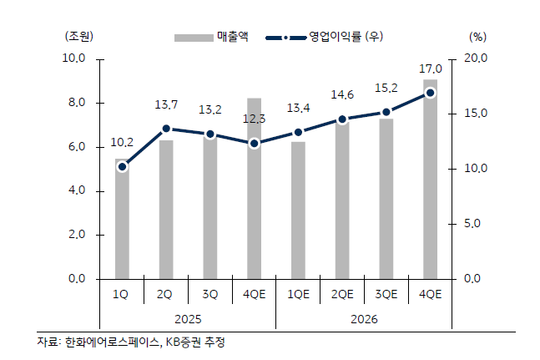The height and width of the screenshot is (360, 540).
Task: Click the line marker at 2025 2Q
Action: click(x=166, y=129)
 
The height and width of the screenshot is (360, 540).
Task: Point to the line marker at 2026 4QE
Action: click(x=430, y=93)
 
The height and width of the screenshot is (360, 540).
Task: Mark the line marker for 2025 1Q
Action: click(x=122, y=167)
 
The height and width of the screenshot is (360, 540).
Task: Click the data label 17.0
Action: click(x=430, y=69)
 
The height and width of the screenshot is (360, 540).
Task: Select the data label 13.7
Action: click(x=166, y=105)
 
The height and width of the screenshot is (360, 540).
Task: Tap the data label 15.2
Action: click(x=386, y=88)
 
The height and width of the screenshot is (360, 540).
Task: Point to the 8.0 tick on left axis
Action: click(x=74, y=103)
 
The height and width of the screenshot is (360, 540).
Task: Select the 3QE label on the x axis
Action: click(x=386, y=294)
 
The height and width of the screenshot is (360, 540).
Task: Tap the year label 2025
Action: click(x=188, y=319)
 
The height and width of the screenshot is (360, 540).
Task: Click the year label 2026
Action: click(x=364, y=319)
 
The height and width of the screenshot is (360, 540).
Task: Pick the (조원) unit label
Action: click(x=79, y=36)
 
